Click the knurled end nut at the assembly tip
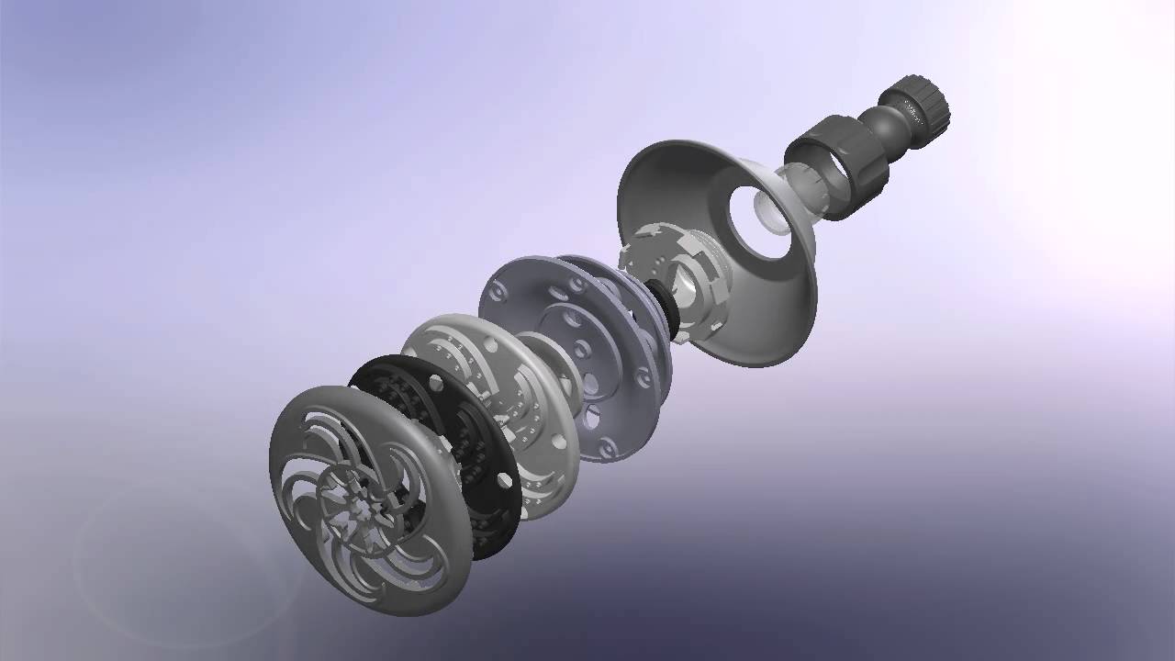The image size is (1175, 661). click(x=915, y=102)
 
